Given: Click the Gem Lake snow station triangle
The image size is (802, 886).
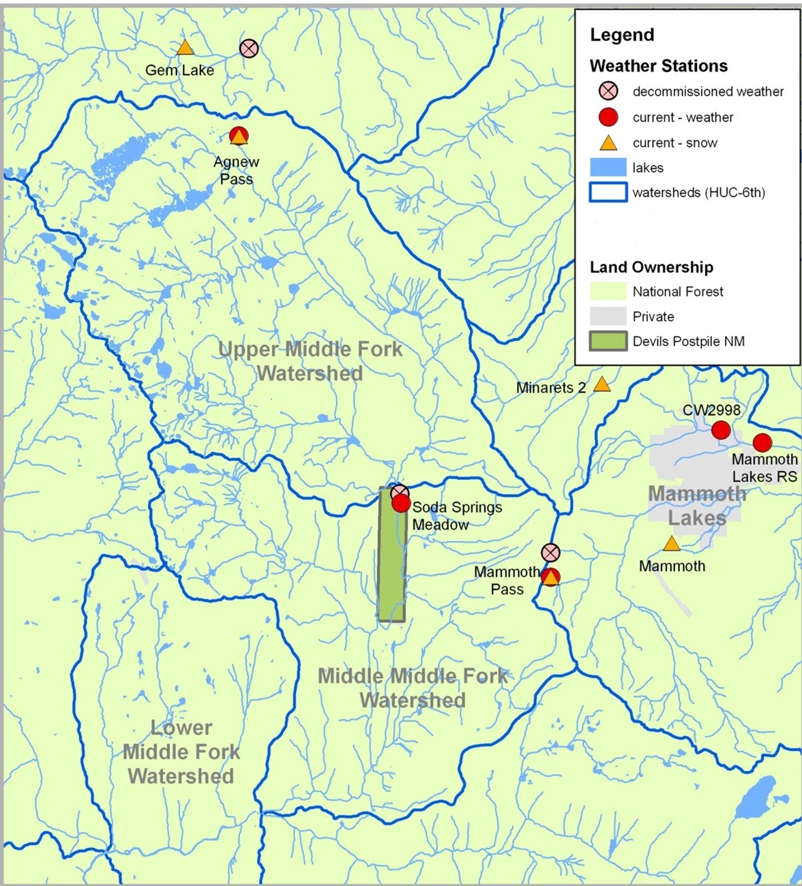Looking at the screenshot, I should coord(185,48).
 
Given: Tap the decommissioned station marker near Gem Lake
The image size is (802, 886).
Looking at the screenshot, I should coord(249,48).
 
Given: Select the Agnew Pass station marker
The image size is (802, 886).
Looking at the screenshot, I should coord(238,136).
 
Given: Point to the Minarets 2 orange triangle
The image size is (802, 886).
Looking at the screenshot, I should coord(601,384).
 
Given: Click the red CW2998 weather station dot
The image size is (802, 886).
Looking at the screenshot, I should coord(720,430).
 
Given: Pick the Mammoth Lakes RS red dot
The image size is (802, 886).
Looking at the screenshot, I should coord(762,442).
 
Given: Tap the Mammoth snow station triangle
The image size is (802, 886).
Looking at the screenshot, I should coord(672,544).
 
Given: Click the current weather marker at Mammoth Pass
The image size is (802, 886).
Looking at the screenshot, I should coord(550,577).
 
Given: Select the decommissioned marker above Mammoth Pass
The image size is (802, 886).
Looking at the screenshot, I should coord(550,552).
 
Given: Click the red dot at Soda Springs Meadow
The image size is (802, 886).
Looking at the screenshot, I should coord(401,504).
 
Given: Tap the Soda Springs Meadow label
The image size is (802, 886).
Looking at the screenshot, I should coord(456,516).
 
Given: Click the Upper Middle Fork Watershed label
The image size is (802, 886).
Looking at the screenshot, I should coord(310,361).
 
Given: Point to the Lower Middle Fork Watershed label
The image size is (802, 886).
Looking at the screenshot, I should coord(181,752).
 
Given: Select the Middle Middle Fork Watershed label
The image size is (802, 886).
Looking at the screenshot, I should coord(413,688).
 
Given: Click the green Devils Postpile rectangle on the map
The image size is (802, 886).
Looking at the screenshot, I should coord(391,566).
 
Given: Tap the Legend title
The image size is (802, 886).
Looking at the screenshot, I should coord(621,35).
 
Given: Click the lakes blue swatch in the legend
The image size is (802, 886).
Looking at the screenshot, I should coord(608,168).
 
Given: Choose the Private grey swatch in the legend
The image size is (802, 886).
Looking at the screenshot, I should coord(608,316).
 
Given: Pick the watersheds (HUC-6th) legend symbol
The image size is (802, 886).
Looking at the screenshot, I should coord(608,192).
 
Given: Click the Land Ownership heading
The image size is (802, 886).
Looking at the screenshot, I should coord(651,267).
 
